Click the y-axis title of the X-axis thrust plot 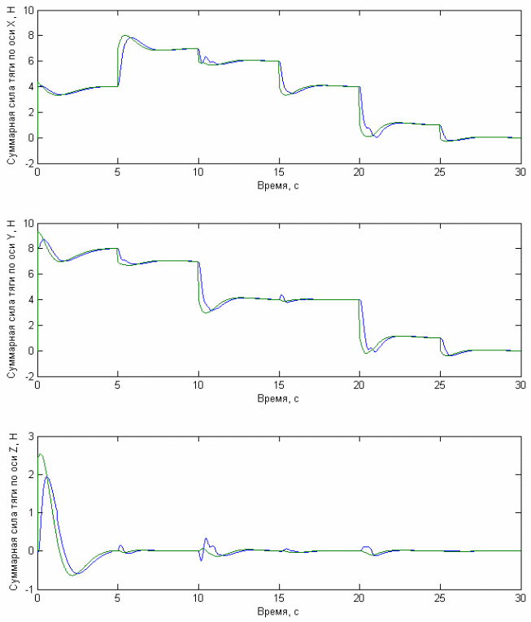[x=11, y=85]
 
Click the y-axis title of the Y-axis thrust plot [x=11, y=299]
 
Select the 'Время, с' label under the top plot [x=278, y=185]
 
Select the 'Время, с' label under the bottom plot [x=278, y=611]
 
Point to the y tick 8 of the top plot [x=29, y=36]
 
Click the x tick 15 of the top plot [x=279, y=172]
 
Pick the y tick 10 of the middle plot [x=28, y=223]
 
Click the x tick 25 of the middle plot [x=440, y=385]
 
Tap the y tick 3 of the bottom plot [x=29, y=437]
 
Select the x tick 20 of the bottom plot [x=359, y=598]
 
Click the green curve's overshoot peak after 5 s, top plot [x=125, y=35]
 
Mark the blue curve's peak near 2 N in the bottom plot [x=47, y=477]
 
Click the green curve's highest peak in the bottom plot [x=41, y=454]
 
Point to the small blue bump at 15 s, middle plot [x=281, y=295]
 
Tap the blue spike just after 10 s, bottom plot [x=206, y=539]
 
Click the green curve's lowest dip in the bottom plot [x=72, y=575]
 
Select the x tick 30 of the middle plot [x=520, y=385]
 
